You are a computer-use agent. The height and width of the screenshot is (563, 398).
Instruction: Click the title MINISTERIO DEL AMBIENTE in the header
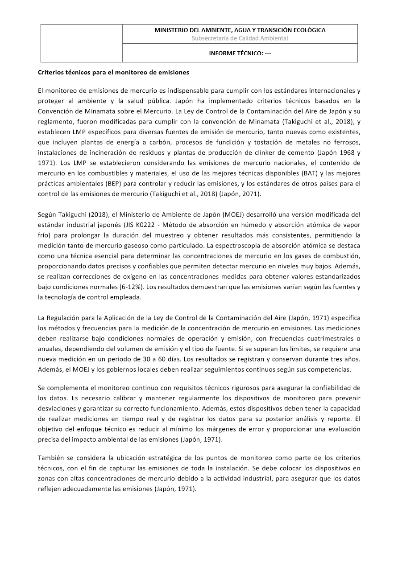[x=240, y=30]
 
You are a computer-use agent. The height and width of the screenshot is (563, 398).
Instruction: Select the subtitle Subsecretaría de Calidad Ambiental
[x=240, y=38]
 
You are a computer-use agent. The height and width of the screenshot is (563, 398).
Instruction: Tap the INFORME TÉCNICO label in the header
[x=240, y=53]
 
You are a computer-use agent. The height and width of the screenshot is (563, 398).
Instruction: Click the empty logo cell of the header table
[x=82, y=43]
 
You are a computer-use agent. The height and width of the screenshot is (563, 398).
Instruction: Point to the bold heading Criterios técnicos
[x=113, y=72]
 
